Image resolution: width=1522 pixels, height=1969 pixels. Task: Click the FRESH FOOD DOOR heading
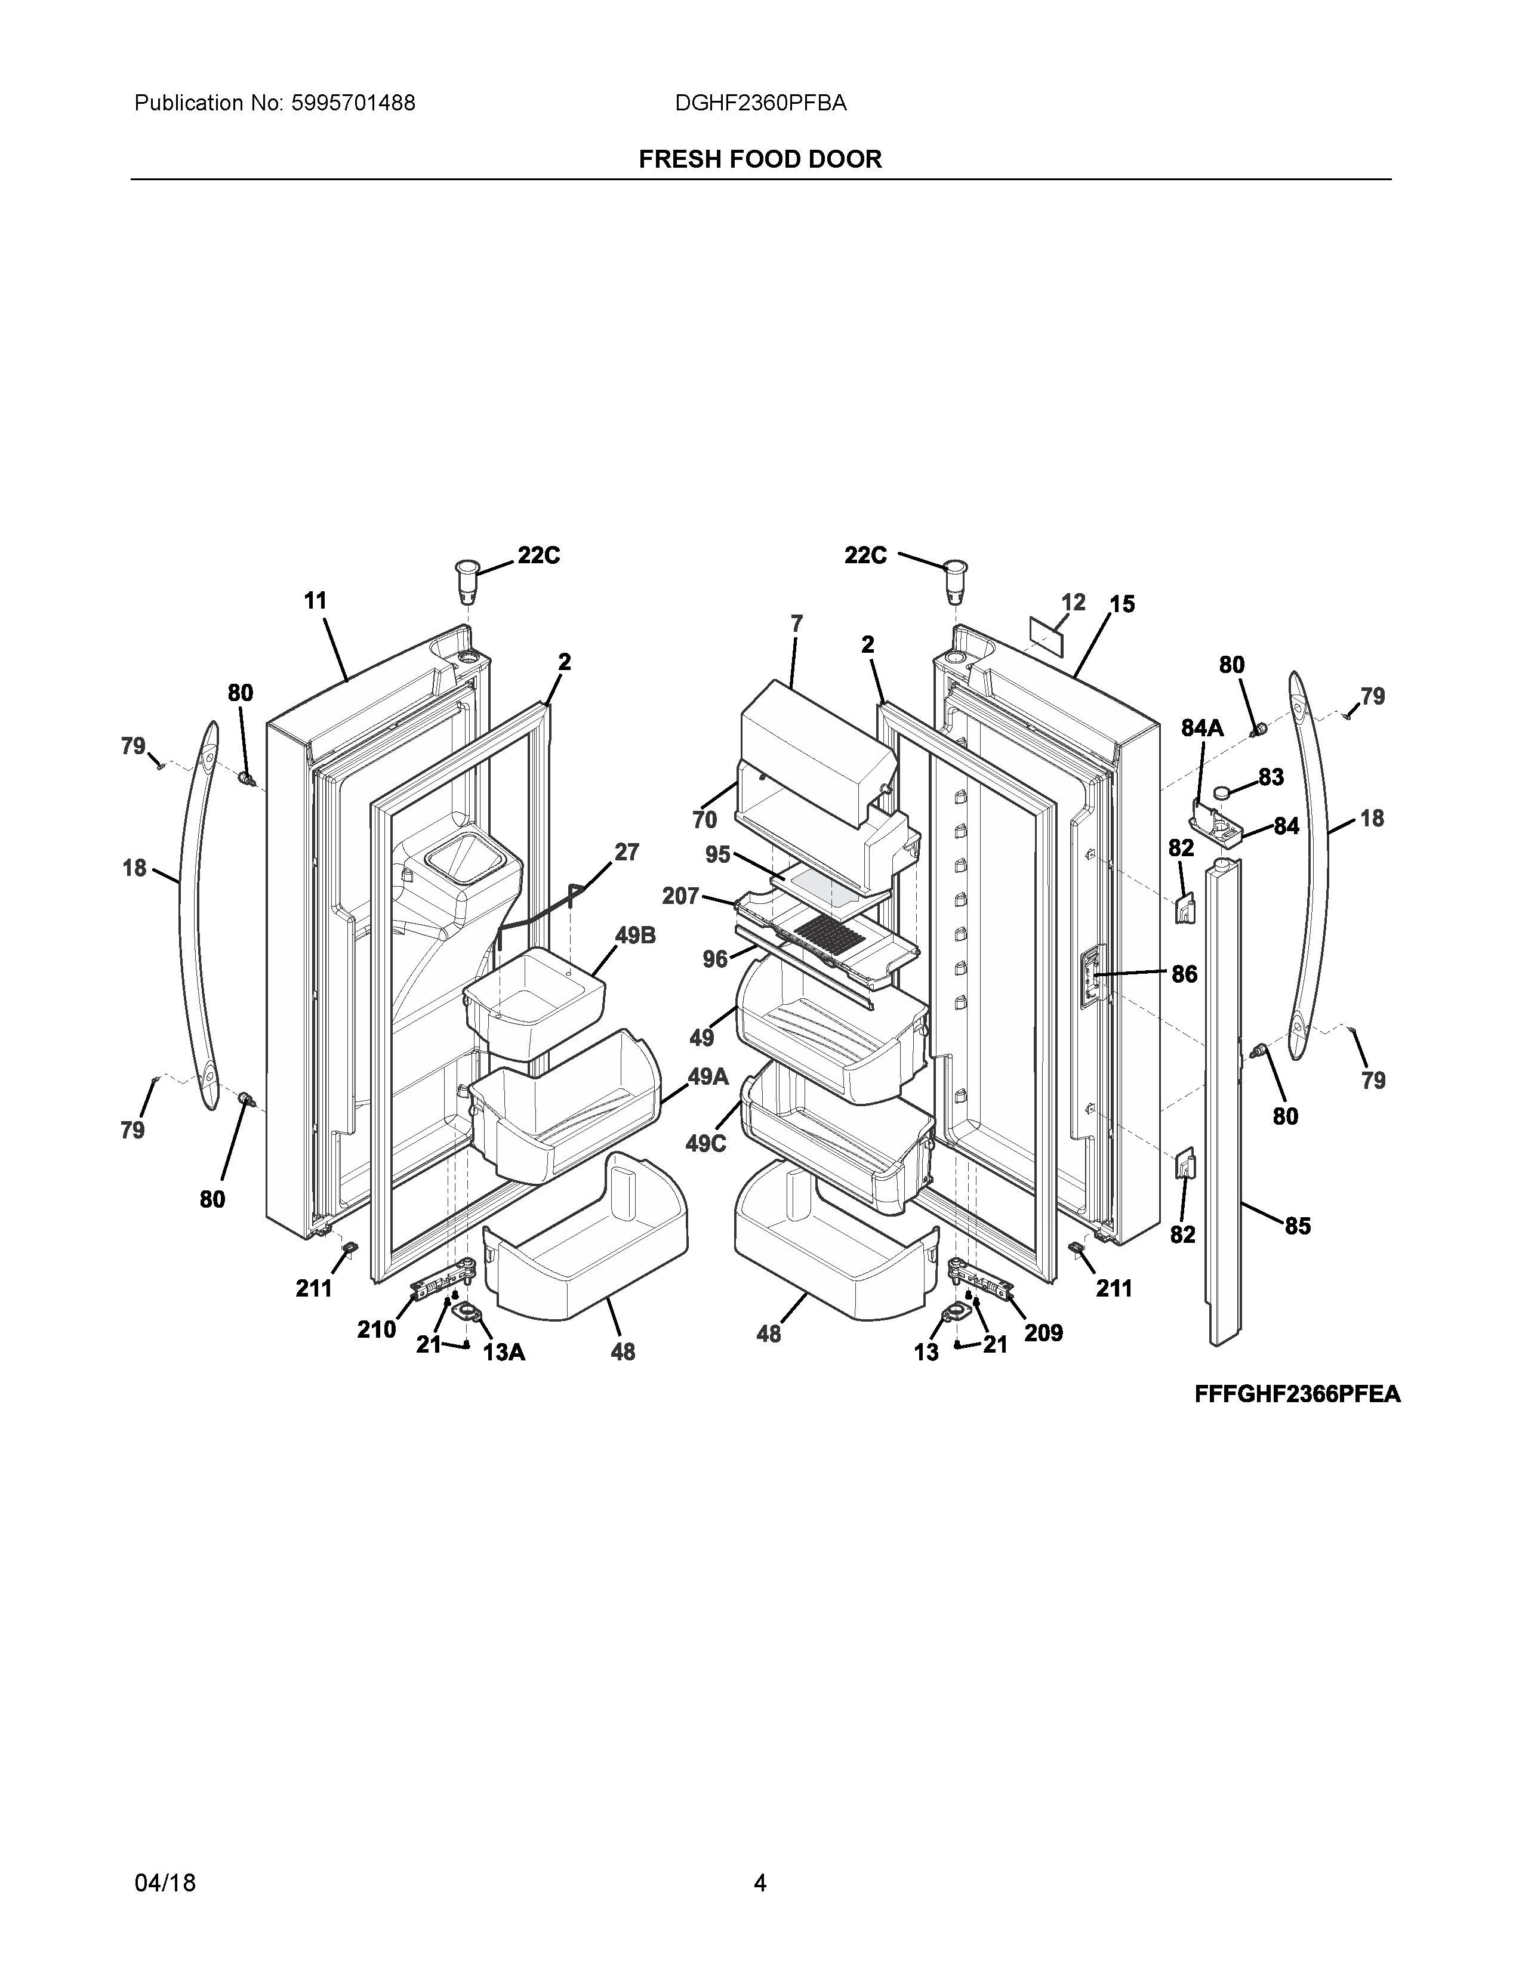(760, 159)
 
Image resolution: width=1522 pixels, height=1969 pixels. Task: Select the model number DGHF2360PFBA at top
(760, 104)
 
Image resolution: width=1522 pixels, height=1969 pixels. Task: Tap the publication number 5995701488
(353, 104)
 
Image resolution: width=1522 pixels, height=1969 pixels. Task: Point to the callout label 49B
(635, 936)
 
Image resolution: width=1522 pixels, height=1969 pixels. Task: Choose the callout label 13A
(504, 1352)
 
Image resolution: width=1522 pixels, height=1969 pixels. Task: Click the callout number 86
(1184, 974)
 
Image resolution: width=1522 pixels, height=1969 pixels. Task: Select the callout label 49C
(705, 1144)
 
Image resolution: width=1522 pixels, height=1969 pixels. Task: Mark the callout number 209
(1043, 1332)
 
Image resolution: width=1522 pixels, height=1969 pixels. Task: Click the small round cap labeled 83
(1222, 792)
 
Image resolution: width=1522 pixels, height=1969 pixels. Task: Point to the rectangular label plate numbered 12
(1046, 637)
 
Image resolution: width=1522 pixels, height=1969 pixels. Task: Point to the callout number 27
(627, 852)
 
